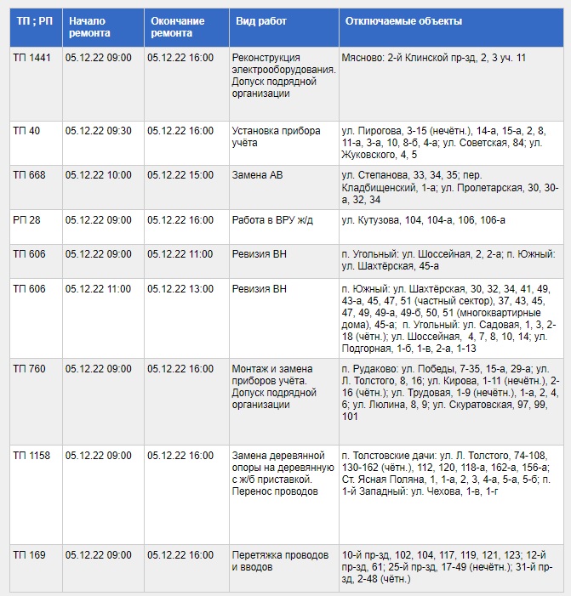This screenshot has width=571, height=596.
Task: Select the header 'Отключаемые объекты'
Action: [403, 20]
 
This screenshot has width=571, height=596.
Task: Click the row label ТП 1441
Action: [31, 57]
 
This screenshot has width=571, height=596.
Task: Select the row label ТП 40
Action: [26, 131]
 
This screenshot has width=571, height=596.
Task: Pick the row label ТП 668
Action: [29, 175]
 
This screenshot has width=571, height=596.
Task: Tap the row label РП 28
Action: [26, 220]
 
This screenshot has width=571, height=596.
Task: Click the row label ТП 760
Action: [29, 369]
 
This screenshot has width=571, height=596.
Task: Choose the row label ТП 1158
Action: [31, 456]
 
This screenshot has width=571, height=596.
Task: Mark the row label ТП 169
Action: [29, 555]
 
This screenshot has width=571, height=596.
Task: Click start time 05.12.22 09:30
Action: [98, 131]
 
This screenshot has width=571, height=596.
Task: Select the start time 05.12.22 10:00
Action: [98, 175]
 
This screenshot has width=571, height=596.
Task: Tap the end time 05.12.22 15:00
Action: [180, 175]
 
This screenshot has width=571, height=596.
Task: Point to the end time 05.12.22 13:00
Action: [180, 289]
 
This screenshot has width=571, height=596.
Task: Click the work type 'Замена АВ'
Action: [258, 175]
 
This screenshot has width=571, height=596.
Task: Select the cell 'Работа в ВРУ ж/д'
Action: [272, 220]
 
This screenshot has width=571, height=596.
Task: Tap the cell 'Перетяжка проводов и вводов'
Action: [280, 560]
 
